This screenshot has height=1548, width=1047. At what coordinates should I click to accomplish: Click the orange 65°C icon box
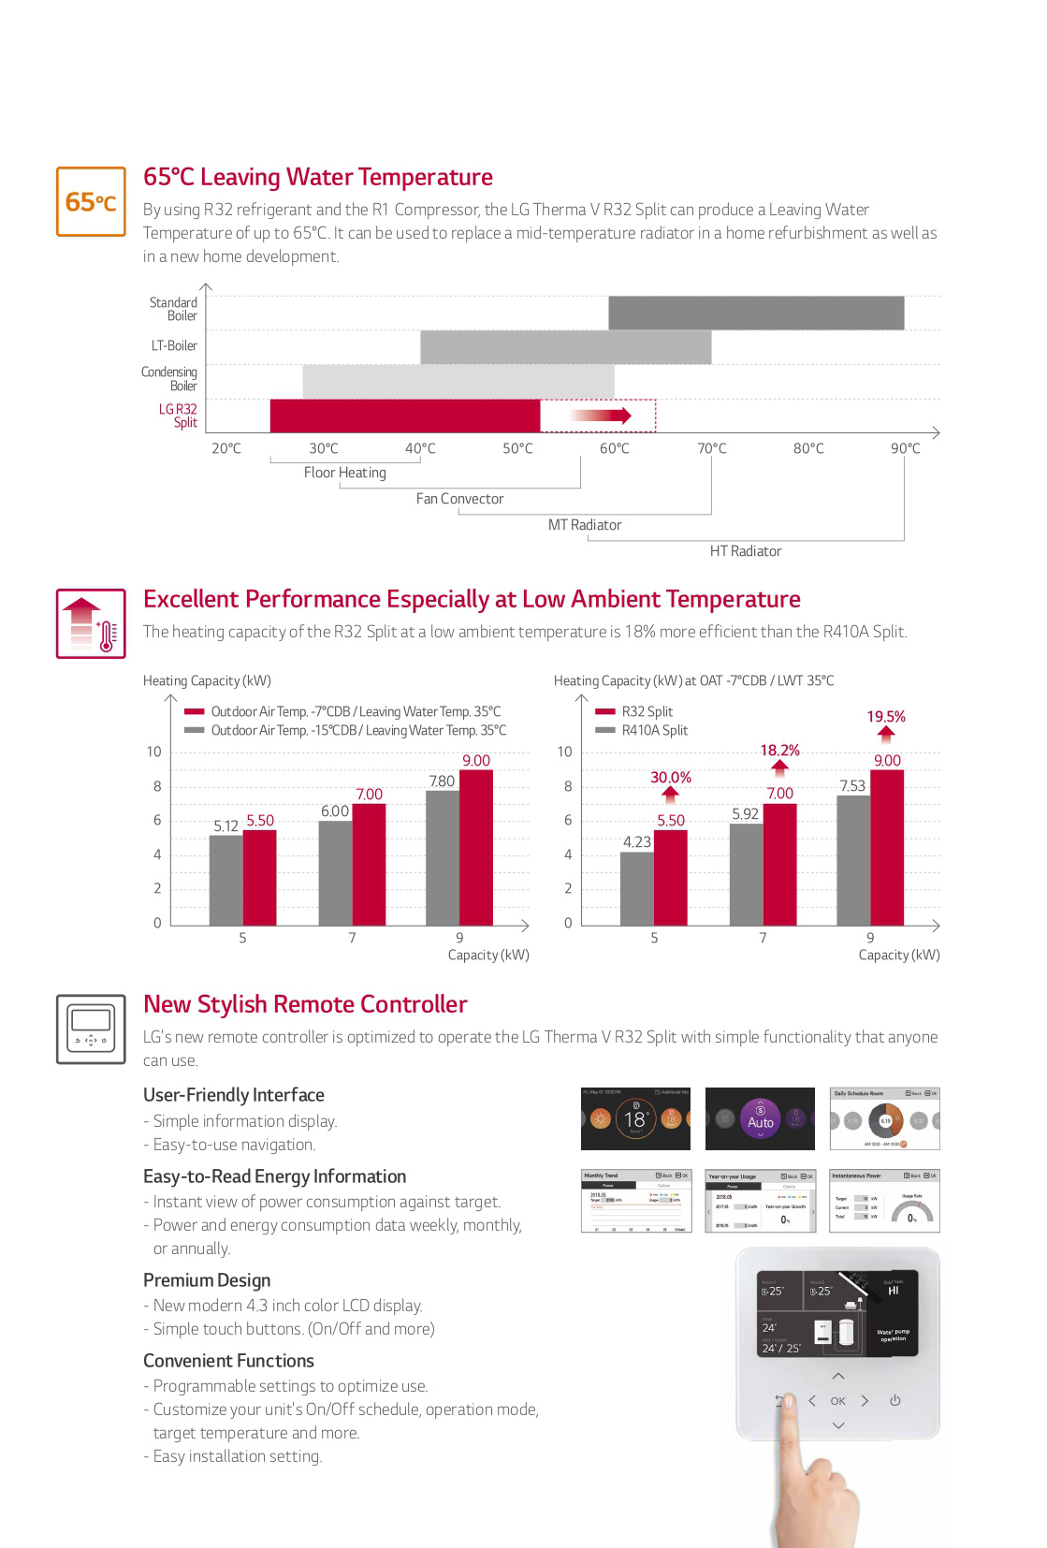(x=91, y=201)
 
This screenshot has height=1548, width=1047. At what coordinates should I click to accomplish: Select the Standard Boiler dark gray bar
(x=756, y=313)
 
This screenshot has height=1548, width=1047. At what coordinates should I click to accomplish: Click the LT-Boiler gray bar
(x=565, y=346)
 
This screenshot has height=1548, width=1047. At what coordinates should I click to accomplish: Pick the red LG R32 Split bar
(x=404, y=416)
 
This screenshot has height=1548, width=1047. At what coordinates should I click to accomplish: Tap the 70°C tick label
(x=711, y=448)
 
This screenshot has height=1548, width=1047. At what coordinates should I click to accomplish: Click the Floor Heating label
(x=344, y=473)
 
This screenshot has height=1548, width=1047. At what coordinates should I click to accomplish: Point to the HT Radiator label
(x=745, y=551)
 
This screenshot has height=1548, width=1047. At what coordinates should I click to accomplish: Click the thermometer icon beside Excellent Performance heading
(x=91, y=623)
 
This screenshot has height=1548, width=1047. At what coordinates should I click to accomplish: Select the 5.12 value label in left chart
(x=225, y=826)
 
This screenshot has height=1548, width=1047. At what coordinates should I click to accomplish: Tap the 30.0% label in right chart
(x=670, y=778)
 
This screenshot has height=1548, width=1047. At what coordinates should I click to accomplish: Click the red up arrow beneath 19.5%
(x=886, y=735)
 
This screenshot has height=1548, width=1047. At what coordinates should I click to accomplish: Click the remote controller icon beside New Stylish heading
(x=91, y=1029)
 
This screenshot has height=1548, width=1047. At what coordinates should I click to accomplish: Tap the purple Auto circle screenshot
(x=760, y=1118)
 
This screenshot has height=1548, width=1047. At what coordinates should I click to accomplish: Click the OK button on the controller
(x=837, y=1401)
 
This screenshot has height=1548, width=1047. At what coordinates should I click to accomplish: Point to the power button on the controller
(x=894, y=1400)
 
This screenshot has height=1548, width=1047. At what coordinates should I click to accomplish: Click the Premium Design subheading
(x=207, y=1280)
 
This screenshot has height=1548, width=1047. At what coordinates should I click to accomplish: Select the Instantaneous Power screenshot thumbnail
(x=884, y=1201)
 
